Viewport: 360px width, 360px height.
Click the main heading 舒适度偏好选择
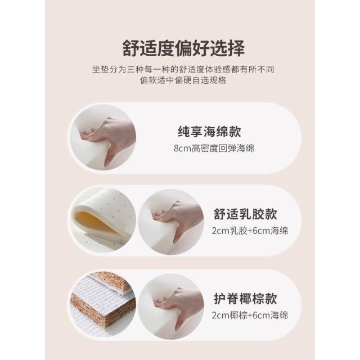(x=183, y=49)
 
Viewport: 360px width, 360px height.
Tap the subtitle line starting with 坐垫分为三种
(x=183, y=69)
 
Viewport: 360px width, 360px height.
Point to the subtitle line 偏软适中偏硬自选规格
(x=183, y=80)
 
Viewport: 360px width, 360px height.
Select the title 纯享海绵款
(x=209, y=132)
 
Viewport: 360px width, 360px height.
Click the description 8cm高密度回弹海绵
(x=214, y=148)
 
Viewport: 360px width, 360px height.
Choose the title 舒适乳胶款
(x=245, y=214)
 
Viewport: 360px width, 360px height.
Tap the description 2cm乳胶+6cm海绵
(x=250, y=231)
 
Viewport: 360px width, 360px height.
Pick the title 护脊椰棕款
(x=245, y=299)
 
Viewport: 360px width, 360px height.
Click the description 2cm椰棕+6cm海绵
(x=250, y=315)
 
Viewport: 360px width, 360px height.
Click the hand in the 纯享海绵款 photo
(x=110, y=138)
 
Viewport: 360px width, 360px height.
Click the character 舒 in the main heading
(x=131, y=49)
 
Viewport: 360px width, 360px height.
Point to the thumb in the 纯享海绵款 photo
(x=109, y=154)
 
